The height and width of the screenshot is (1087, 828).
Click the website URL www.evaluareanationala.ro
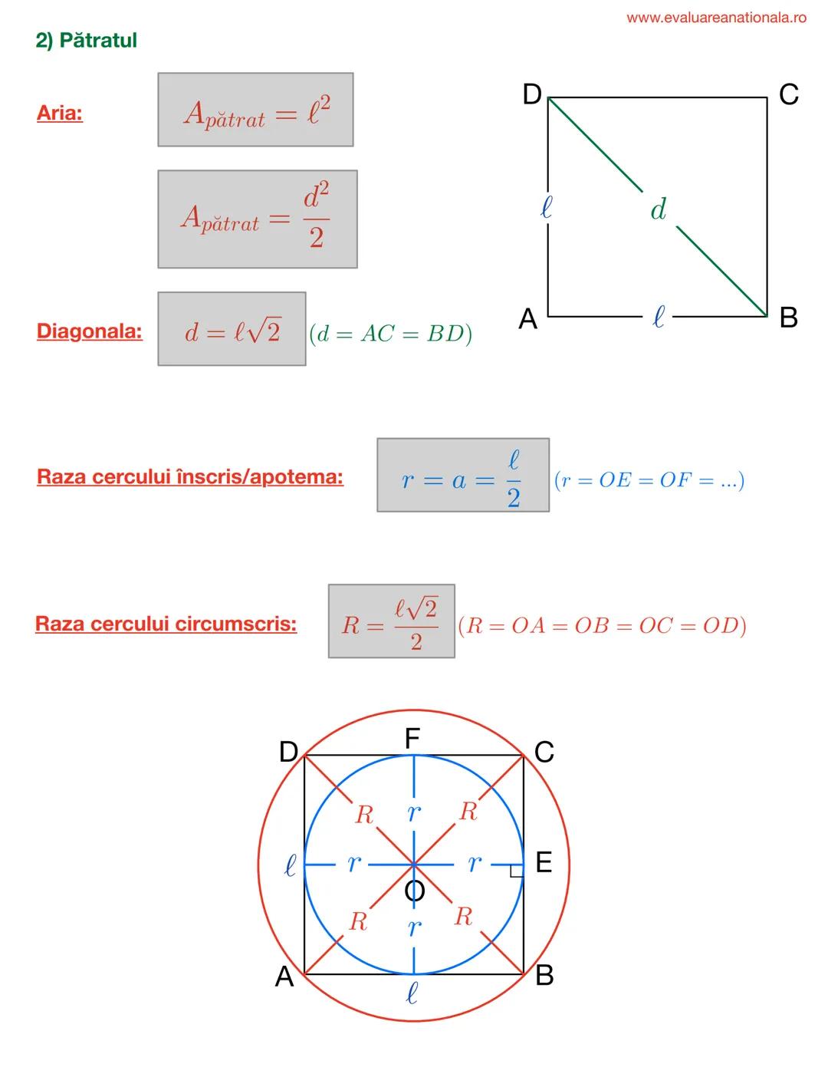(716, 18)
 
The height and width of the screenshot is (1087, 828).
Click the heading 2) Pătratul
(87, 41)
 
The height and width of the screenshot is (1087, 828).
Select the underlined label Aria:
(60, 114)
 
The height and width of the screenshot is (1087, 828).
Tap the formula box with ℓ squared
(255, 110)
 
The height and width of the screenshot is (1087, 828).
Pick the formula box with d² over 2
(257, 219)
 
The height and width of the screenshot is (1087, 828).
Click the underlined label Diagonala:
(90, 331)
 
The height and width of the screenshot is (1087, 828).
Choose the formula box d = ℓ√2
(232, 329)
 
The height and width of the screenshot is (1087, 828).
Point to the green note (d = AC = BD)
(390, 334)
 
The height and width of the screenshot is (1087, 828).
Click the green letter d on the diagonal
(658, 209)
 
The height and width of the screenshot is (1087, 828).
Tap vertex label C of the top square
(788, 95)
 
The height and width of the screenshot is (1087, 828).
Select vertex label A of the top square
(527, 318)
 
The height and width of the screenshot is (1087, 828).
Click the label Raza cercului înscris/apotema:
(190, 476)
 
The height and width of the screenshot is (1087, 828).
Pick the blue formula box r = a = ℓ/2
(462, 476)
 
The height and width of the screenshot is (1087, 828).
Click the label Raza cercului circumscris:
(166, 624)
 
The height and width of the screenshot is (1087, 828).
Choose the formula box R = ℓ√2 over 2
(391, 621)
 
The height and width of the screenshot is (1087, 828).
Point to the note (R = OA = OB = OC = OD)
(602, 626)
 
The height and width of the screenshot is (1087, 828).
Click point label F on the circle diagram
(412, 739)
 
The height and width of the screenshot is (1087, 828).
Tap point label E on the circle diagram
(543, 864)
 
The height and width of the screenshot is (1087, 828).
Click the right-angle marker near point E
(517, 870)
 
